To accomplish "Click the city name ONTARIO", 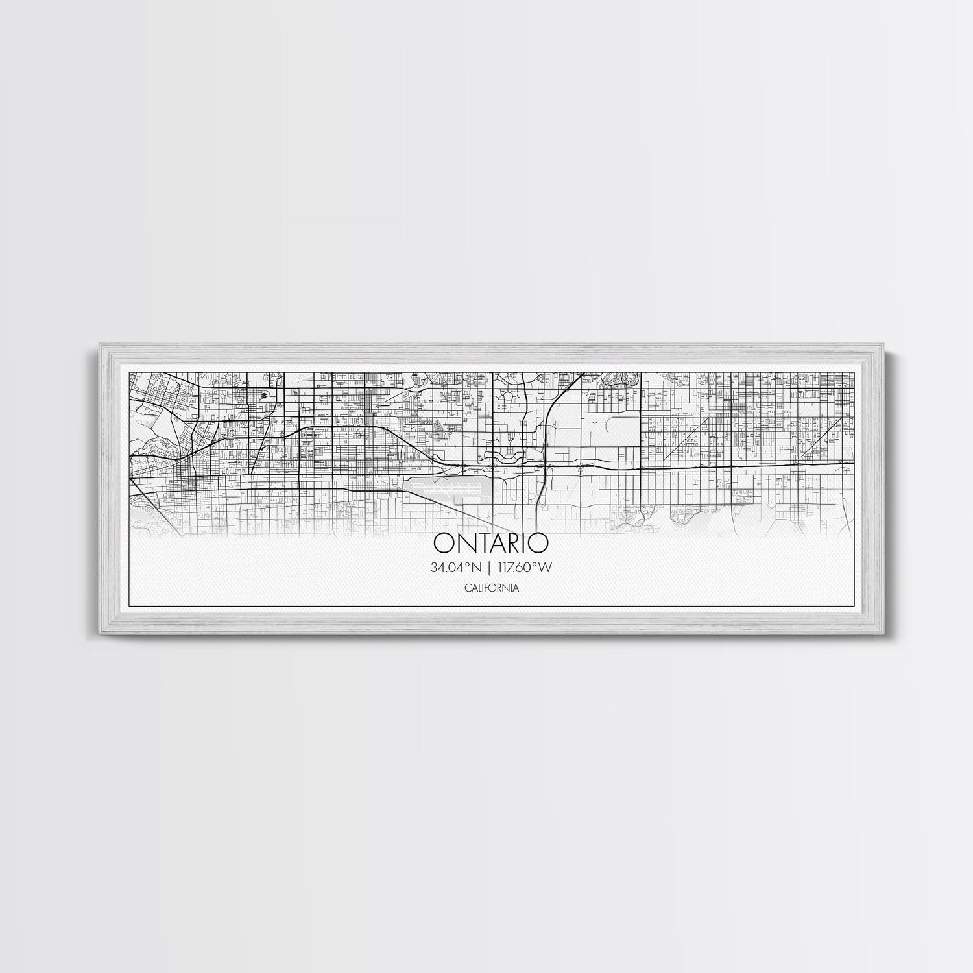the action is (x=490, y=541).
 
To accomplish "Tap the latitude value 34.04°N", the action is (x=455, y=568).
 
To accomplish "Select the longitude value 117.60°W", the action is (x=525, y=568).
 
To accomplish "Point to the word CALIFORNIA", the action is (x=491, y=588).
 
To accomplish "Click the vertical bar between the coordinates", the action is (x=490, y=568).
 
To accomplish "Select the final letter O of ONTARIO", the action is (x=538, y=541).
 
